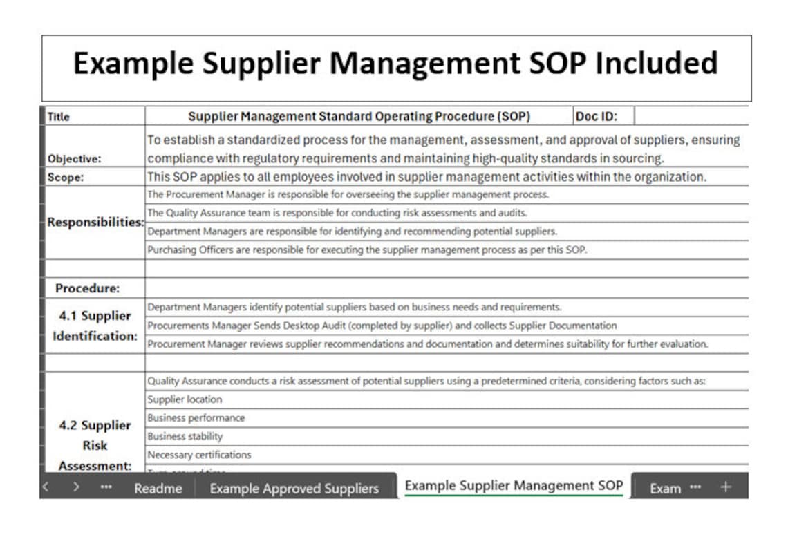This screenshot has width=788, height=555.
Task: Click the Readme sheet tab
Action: [x=158, y=488]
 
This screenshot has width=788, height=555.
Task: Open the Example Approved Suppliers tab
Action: [x=294, y=488]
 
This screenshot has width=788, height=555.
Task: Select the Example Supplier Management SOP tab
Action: [x=514, y=485]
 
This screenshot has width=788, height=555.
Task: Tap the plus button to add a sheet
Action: [x=725, y=487]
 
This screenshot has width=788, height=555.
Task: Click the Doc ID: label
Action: [x=596, y=116]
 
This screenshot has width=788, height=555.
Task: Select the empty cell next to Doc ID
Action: [x=690, y=116]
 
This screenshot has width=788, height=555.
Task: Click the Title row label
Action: [x=59, y=117]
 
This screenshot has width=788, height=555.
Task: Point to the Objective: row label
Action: [x=74, y=158]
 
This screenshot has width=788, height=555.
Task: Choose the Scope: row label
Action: [x=66, y=177]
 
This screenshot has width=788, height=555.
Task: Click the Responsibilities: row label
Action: [x=95, y=223]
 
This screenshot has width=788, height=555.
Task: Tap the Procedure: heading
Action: [x=87, y=288]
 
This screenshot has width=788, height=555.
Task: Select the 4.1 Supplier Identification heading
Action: [x=95, y=326]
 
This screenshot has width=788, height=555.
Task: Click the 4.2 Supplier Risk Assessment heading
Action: [x=95, y=445]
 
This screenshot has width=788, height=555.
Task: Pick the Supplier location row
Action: [x=185, y=399]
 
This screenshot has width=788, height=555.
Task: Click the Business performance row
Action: [x=196, y=418]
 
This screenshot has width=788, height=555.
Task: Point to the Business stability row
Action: [x=185, y=437]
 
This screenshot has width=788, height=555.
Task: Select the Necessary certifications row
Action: [x=199, y=455]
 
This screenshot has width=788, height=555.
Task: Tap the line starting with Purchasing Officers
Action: [x=366, y=250]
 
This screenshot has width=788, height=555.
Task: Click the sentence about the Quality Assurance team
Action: [x=337, y=213]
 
